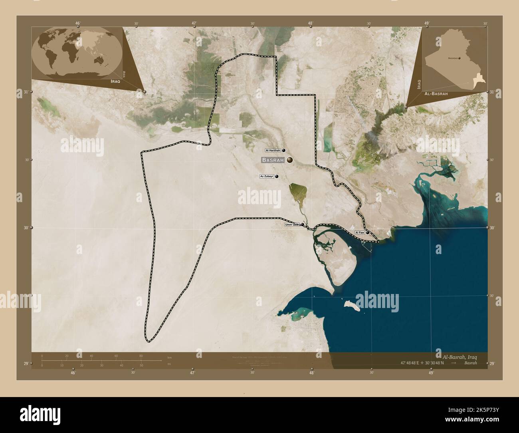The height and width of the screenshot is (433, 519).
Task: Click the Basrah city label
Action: click(273, 160)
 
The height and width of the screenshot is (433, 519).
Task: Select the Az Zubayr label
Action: click(267, 176)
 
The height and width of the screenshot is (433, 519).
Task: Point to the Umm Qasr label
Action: click(292, 224)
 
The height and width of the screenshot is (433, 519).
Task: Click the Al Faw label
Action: click(359, 232)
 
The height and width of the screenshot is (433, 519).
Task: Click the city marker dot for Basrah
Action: click(289, 160)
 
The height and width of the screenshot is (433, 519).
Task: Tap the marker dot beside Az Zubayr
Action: click(276, 176)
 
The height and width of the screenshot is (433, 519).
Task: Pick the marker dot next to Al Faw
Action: click(367, 232)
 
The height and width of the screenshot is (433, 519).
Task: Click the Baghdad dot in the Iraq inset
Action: click(459, 58)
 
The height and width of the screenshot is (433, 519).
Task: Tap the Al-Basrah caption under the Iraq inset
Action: click(436, 93)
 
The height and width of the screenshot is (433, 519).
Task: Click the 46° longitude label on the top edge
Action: click(78, 23)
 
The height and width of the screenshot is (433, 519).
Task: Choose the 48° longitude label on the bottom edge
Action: click(311, 372)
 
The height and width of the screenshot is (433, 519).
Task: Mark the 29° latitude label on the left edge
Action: click(26, 363)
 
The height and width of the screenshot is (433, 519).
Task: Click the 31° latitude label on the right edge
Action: click(492, 92)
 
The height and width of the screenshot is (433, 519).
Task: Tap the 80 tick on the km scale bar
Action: click(141, 356)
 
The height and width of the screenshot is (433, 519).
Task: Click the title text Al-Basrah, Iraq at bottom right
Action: click(460, 356)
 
